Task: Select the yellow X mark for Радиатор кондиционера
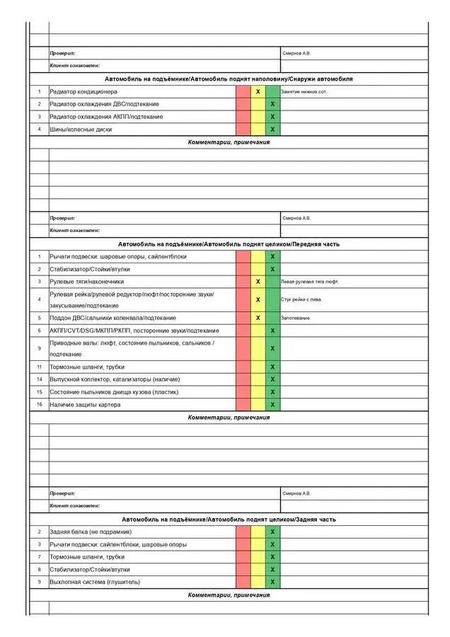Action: click(x=258, y=91)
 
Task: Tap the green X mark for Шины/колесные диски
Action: click(x=272, y=130)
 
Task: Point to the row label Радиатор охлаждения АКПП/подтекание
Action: click(x=105, y=117)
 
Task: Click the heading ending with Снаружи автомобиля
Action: click(x=229, y=79)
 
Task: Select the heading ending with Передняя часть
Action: click(x=229, y=244)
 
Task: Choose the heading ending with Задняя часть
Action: click(x=229, y=520)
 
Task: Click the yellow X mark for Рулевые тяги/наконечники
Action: click(x=258, y=282)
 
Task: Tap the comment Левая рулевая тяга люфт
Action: click(x=309, y=282)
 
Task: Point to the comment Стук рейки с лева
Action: click(x=301, y=299)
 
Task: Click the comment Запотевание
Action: click(x=295, y=318)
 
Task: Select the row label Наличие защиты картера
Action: click(x=85, y=404)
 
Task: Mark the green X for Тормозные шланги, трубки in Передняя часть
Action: click(x=272, y=367)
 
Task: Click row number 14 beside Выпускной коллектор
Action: click(x=40, y=379)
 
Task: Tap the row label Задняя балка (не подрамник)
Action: click(x=90, y=532)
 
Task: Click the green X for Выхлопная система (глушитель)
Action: click(x=272, y=582)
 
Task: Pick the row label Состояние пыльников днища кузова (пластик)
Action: click(x=114, y=391)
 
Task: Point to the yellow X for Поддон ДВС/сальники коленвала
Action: click(x=258, y=318)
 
